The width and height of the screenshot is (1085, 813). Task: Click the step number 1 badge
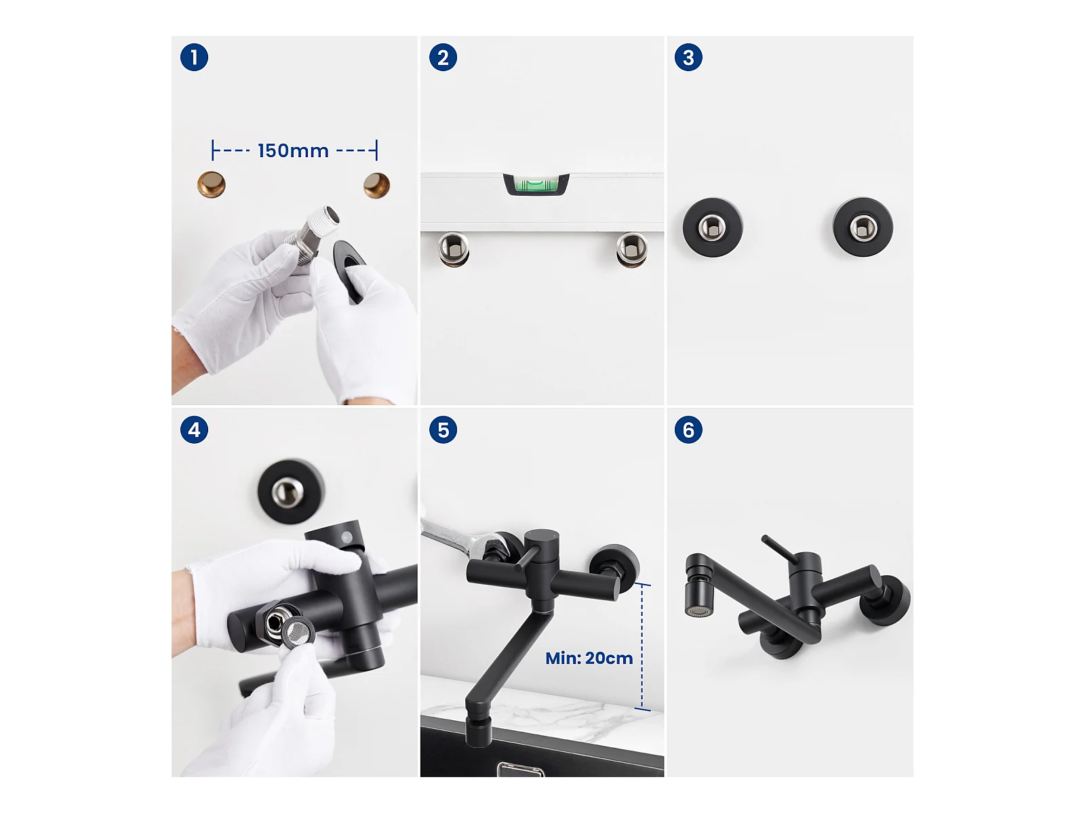coord(194,58)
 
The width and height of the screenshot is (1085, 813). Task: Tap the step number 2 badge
coord(443,58)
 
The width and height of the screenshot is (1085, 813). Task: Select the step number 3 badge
coord(688,58)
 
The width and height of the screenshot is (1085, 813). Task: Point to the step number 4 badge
coord(194,430)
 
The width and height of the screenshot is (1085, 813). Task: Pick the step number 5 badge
coord(443,430)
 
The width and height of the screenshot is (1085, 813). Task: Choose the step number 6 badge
coord(688,430)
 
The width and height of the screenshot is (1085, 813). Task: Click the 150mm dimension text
coord(293,150)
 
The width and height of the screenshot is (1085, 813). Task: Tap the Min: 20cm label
coord(589,658)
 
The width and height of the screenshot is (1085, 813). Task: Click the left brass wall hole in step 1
coord(212,184)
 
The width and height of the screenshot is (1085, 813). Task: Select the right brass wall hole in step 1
coord(376,185)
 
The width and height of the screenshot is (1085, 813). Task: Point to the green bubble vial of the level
coord(536,184)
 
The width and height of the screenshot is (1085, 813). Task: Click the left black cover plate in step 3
coord(712,227)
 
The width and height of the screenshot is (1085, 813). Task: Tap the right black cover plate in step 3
coord(863,227)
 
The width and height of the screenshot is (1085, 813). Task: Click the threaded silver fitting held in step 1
coord(313,231)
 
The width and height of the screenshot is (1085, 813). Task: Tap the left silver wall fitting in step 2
coord(453,249)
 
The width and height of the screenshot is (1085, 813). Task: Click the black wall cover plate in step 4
coord(291,491)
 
